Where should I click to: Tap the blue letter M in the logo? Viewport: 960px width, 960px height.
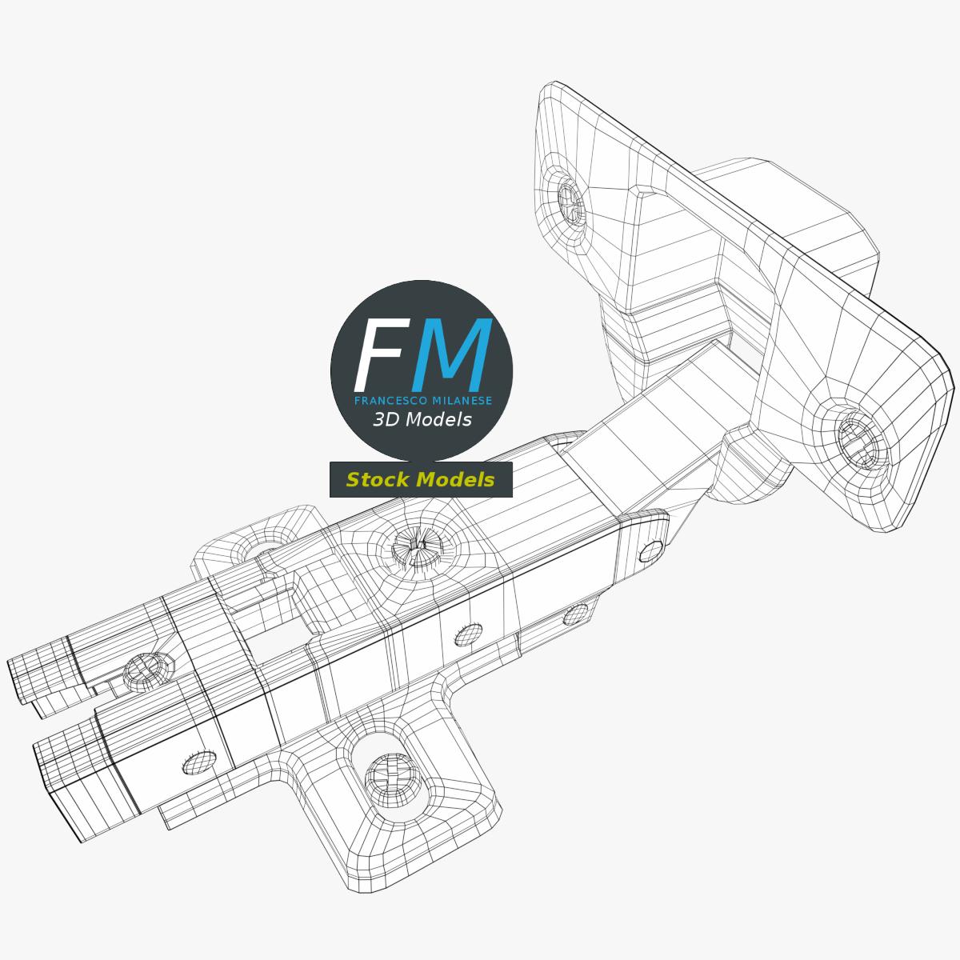452,354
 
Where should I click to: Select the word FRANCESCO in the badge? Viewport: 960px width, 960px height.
390,401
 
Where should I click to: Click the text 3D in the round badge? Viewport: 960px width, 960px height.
384,420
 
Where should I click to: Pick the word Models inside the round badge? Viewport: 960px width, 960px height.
438,420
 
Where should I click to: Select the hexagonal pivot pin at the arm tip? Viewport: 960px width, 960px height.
651,551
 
